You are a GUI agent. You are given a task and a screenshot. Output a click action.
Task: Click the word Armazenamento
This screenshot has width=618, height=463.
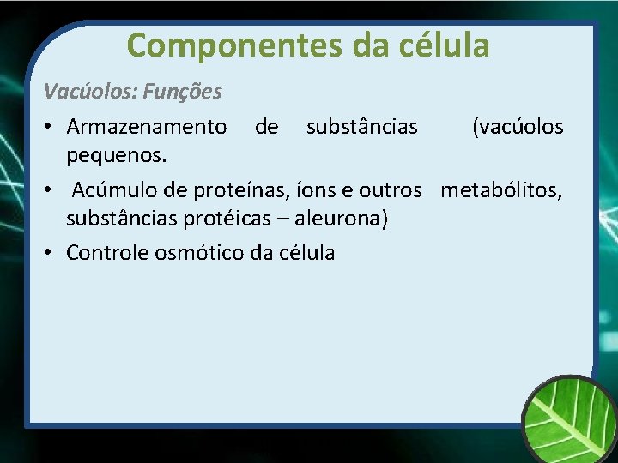click(x=147, y=128)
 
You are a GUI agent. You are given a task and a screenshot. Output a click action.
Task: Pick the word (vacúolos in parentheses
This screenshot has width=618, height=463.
click(x=518, y=128)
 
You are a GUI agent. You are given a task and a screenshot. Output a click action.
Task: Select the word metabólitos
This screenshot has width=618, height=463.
click(x=502, y=189)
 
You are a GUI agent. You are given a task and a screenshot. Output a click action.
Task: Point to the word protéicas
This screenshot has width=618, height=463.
click(x=230, y=219)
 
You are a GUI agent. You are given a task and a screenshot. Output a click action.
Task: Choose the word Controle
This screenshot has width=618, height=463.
click(x=106, y=253)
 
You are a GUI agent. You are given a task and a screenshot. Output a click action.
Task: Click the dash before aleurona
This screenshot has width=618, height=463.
click(x=282, y=219)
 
